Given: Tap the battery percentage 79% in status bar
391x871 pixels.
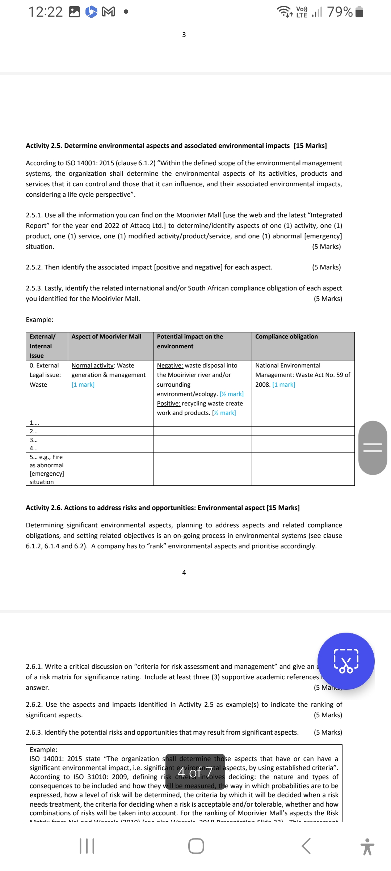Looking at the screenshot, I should [x=340, y=12].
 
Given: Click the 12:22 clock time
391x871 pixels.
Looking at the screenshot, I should [x=45, y=12].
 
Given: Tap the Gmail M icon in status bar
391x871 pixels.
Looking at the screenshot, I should [x=109, y=12].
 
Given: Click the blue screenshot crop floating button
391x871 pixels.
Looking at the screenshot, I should [x=346, y=661].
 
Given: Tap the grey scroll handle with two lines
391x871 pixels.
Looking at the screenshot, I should [x=373, y=448].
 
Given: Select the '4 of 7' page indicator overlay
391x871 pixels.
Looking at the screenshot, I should [x=195, y=772].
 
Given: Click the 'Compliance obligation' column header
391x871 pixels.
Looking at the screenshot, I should [x=286, y=336].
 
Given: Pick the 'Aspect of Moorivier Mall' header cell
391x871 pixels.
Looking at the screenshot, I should [x=106, y=336].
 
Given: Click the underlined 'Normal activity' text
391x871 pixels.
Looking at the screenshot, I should [x=92, y=365].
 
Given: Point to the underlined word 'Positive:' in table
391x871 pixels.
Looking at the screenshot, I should [x=168, y=403].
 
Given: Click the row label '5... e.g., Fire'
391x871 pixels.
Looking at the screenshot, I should [x=46, y=457].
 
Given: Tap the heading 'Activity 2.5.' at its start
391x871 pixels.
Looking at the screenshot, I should [x=43, y=145].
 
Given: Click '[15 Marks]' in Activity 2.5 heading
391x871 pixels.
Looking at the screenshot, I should [x=310, y=145].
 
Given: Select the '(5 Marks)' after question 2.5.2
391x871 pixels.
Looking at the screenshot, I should [x=326, y=267].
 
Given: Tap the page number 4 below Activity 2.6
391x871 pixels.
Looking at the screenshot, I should [x=184, y=572].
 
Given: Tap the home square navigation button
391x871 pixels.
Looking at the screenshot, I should [x=196, y=846].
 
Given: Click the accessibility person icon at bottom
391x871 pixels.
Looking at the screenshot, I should [x=367, y=847].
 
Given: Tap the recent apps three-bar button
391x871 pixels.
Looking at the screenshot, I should [x=87, y=846].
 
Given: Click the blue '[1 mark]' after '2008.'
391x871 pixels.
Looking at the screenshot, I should [x=283, y=384].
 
